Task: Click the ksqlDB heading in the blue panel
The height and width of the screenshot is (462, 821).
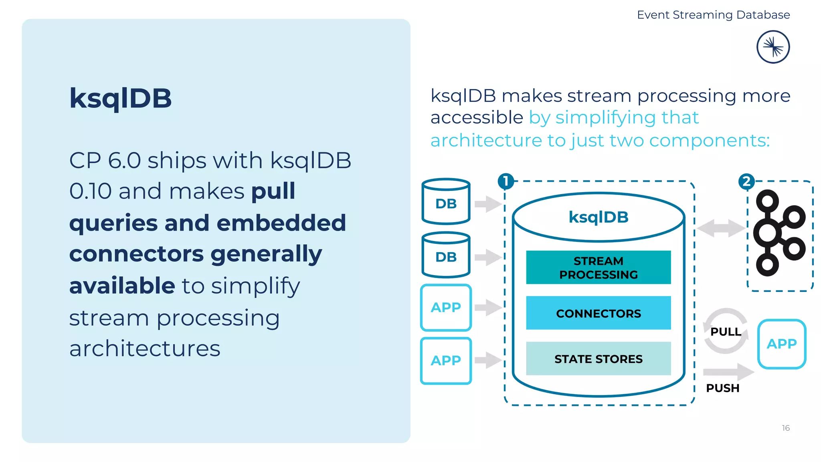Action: coord(120,99)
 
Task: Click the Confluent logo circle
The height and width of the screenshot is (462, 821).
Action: coord(773,47)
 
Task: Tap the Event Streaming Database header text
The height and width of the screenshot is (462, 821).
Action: coord(713,15)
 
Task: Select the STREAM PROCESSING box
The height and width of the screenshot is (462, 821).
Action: coord(598,267)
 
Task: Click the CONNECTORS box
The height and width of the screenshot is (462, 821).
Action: coord(598,313)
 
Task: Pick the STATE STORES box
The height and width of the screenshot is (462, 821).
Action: coord(598,359)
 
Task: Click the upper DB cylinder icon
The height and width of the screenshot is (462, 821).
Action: coord(446,202)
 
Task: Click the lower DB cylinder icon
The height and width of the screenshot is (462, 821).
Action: coord(446,255)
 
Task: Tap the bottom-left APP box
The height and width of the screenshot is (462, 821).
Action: coord(446,361)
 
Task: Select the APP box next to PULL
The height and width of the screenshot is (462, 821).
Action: coord(781,344)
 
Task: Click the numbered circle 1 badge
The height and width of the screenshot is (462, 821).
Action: coord(506,181)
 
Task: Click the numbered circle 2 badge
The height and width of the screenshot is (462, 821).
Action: coord(746,182)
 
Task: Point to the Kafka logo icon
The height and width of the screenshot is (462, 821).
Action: coord(779,233)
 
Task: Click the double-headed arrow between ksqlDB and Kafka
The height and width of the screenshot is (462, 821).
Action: coord(721,228)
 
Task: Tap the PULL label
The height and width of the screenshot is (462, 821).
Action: coord(726,332)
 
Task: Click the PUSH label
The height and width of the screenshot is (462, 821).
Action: coord(722,388)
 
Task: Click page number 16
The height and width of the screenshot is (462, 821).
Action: coord(785,428)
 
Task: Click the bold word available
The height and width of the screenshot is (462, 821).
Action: coord(122,286)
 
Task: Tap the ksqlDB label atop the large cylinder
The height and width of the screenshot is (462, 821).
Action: coord(598,217)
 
